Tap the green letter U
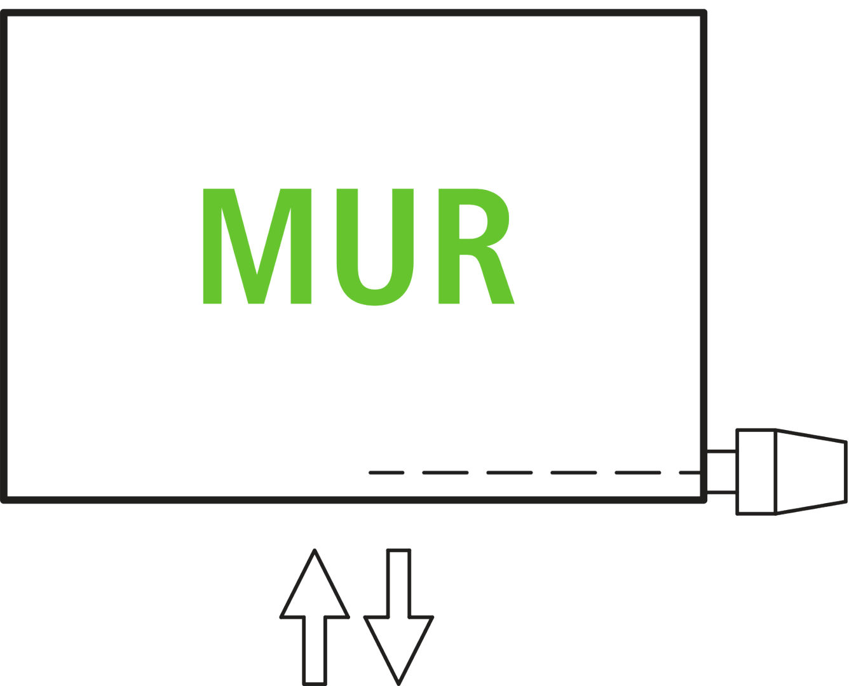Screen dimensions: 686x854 click(375, 254)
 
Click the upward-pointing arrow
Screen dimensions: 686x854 click(315, 610)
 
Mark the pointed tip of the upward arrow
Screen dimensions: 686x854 click(315, 551)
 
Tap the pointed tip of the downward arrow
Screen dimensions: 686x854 click(398, 683)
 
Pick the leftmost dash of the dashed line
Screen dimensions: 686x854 click(386, 473)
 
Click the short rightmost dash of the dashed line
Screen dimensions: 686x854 click(689, 473)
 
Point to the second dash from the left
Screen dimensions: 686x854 click(445, 473)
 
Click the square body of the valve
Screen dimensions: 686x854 click(756, 472)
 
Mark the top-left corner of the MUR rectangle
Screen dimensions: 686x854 click(4, 13)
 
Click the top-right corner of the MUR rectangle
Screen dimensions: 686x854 click(703, 13)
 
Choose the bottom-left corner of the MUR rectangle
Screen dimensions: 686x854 click(4, 500)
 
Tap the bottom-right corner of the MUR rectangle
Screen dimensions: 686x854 click(703, 500)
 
